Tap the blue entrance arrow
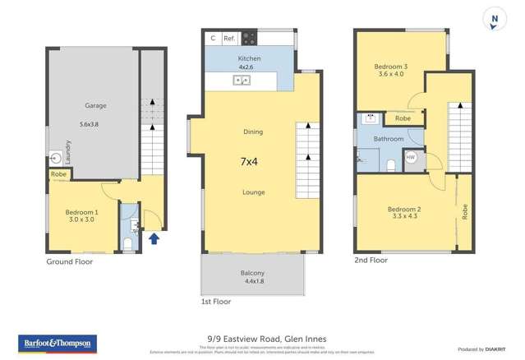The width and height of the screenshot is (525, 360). pos(155,239)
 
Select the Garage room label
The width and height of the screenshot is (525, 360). pos(95,105)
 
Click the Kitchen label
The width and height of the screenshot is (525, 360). pos(249,58)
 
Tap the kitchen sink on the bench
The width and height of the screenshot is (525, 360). pos(242,81)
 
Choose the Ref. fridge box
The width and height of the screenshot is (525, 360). pos(229,38)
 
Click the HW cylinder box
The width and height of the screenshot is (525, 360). pos(411,158)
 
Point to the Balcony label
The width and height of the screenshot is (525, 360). pos(252,273)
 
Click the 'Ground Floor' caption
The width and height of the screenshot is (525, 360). pos(70,261)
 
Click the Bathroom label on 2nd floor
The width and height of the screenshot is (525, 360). pos(389,139)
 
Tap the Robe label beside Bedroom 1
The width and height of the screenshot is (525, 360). pos(58,174)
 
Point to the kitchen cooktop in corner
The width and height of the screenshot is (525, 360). pos(248,38)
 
